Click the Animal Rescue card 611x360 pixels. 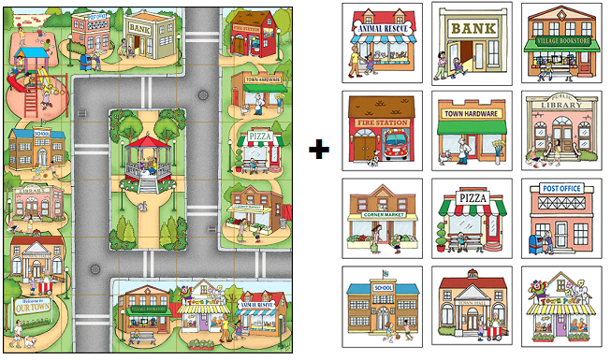point(383,43)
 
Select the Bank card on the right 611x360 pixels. point(473,43)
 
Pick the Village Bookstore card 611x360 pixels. point(562,43)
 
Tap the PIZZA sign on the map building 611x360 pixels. point(259,138)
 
